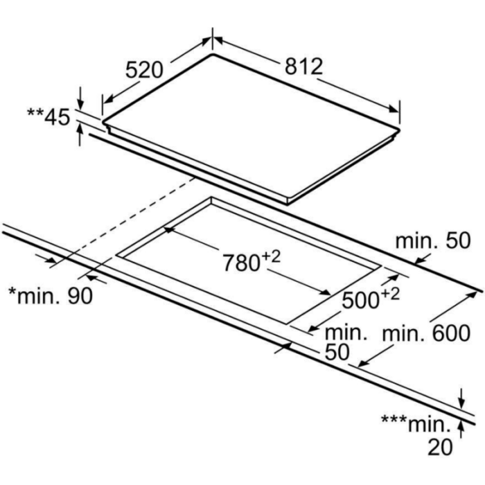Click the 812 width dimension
tap(303, 67)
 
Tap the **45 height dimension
tap(49, 116)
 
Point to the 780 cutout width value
tap(241, 263)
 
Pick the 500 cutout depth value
tap(361, 300)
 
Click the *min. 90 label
tap(51, 295)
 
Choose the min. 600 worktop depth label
tap(427, 333)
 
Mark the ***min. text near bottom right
tap(416, 424)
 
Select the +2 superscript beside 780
tap(272, 257)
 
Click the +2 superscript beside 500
tap(390, 294)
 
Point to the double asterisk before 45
tap(35, 112)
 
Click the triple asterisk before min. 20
tap(394, 419)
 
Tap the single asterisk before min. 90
tap(12, 291)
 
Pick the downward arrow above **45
tap(80, 98)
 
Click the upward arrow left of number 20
tap(461, 430)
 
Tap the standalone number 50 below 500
tap(337, 352)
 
